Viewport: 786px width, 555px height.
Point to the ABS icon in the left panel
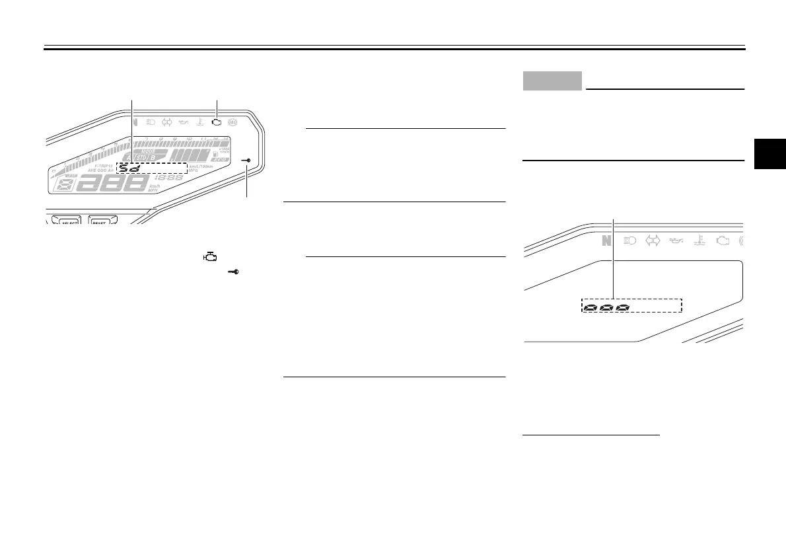tap(232, 122)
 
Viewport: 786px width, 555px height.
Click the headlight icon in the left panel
tap(150, 122)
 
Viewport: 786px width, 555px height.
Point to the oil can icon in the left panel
tap(182, 122)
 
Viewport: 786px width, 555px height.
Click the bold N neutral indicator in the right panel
tap(606, 241)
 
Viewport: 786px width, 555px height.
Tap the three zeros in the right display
tap(605, 307)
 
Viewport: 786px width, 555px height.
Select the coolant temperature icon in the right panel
tap(699, 241)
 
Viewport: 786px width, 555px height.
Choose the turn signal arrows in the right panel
tap(653, 241)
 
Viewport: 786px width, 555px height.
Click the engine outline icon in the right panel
tap(722, 241)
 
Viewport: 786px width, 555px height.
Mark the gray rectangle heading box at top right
tap(552, 81)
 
